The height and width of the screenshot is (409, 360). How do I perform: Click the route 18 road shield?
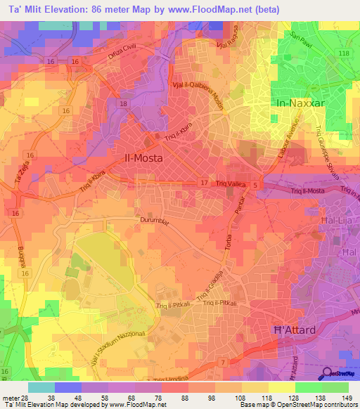(124, 104)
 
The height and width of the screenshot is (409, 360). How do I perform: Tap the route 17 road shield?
(204, 182)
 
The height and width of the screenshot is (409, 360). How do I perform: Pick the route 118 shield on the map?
(343, 53)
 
